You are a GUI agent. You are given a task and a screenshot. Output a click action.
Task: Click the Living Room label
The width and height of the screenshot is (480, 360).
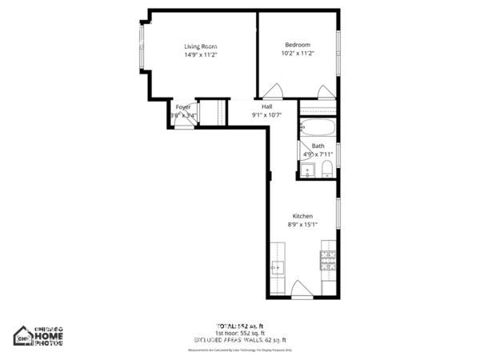pyautogui.click(x=201, y=46)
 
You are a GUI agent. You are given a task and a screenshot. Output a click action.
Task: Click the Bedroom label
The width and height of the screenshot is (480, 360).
pyautogui.click(x=298, y=44)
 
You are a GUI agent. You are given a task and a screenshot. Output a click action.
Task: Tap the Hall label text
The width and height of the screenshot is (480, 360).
pyautogui.click(x=266, y=106)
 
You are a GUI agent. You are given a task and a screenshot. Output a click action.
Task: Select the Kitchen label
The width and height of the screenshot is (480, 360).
pyautogui.click(x=302, y=216)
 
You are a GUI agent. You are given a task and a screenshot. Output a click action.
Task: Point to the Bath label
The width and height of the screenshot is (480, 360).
pyautogui.click(x=318, y=146)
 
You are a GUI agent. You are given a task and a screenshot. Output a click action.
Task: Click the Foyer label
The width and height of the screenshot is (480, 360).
pyautogui.click(x=183, y=106)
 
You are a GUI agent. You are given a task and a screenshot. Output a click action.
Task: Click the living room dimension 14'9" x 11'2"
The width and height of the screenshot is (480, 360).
pyautogui.click(x=201, y=55)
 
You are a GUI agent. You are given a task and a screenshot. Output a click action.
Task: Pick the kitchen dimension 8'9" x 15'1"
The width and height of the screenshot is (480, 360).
pyautogui.click(x=303, y=225)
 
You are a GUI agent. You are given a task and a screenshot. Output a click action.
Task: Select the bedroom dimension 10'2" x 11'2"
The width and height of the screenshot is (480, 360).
pyautogui.click(x=298, y=54)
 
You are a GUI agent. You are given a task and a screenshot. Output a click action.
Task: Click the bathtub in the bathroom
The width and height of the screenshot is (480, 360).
pyautogui.click(x=318, y=127)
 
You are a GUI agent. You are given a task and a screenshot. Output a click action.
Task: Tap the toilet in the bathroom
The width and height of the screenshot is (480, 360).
pyautogui.click(x=328, y=168)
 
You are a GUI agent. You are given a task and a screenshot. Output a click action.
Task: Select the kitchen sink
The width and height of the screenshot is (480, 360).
pyautogui.click(x=278, y=267)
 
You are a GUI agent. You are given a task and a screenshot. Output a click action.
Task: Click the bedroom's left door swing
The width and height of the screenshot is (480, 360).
pyautogui.click(x=274, y=90)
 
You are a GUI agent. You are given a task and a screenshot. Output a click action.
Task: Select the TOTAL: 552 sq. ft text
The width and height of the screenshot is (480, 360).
pyautogui.click(x=240, y=326)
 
